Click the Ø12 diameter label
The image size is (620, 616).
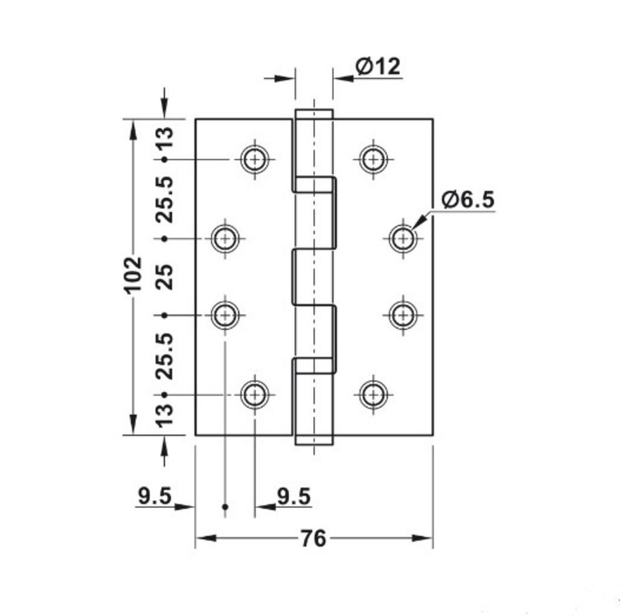(378, 67)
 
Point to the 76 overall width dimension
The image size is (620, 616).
(313, 538)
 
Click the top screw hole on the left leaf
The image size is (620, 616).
(255, 159)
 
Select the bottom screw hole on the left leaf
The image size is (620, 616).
(255, 395)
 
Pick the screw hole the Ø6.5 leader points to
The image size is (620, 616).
(401, 238)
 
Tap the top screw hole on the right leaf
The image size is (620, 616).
(373, 159)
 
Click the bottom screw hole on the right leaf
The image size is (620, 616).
(373, 395)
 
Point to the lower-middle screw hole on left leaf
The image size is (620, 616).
(225, 315)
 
